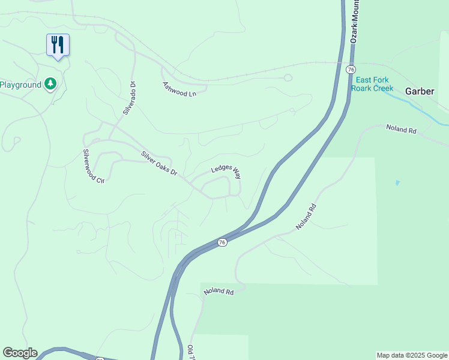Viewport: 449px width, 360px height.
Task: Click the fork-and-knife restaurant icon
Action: coord(58,45)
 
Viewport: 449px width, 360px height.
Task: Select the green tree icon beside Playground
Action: coord(50,84)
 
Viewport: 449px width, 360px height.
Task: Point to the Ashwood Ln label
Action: coord(179,89)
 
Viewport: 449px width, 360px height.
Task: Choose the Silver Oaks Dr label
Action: coord(160,163)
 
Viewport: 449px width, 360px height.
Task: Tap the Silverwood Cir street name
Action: coord(94,166)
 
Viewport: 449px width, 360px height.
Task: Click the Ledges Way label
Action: coord(226,172)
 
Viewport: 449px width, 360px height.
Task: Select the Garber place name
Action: coord(420,92)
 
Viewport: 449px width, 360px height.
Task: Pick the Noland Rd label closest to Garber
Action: coord(401,129)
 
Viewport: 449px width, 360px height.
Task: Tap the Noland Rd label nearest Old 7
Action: coord(218,291)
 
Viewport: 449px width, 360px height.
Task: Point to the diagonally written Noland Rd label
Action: coord(306,217)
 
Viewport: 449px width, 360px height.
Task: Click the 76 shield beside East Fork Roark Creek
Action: coord(351,70)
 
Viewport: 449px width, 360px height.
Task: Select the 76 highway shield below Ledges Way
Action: coord(222,242)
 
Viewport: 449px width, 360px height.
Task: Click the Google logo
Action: coord(20,353)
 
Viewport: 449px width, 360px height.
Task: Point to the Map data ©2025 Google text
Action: coord(412,355)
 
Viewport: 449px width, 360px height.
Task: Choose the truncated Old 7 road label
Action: coord(191,353)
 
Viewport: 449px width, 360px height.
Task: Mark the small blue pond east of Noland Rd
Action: coord(397,182)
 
